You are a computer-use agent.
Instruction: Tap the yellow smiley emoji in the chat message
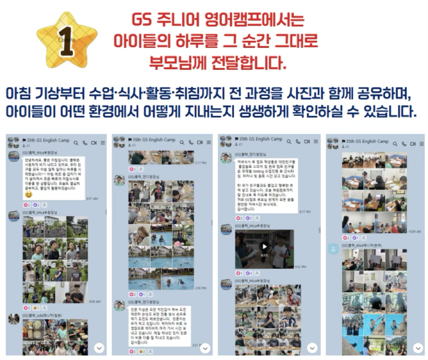(x=28, y=195)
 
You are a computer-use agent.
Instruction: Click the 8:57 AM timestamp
(x=92, y=199)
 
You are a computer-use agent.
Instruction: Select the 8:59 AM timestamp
(x=94, y=301)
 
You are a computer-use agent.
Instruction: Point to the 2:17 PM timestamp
(x=201, y=162)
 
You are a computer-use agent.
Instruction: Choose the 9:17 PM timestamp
(x=305, y=211)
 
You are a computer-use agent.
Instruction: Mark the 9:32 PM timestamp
(x=300, y=267)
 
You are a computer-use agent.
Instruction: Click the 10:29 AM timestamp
(x=414, y=231)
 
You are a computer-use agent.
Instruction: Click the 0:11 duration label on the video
(x=264, y=255)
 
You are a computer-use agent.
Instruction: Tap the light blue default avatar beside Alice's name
(x=333, y=249)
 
